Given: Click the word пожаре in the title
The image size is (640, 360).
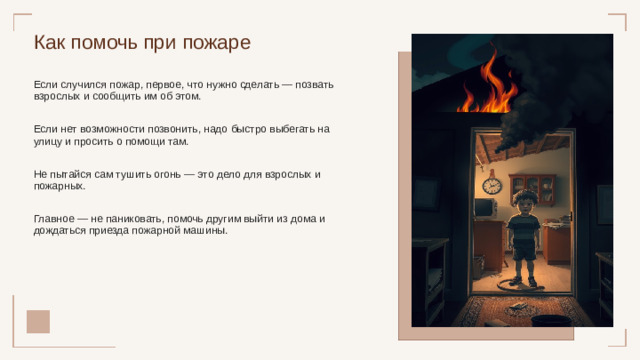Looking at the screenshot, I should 217,43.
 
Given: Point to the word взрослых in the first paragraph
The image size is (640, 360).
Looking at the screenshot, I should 58,97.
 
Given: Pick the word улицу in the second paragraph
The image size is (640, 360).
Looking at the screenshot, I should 49,142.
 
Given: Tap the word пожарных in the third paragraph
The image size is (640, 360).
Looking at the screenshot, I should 62,186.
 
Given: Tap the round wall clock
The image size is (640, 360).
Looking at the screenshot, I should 491,185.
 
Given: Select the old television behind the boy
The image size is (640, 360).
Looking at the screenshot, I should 485,209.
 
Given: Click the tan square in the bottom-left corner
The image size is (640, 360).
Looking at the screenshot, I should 38,320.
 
